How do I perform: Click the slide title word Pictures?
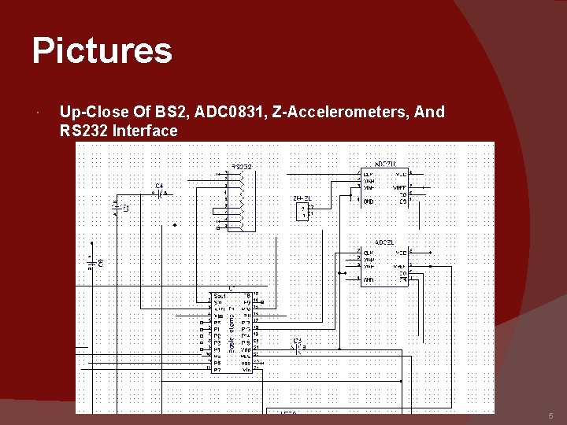pyautogui.click(x=102, y=51)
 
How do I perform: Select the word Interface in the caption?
pyautogui.click(x=145, y=131)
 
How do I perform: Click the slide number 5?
pyautogui.click(x=551, y=416)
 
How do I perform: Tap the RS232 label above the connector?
pyautogui.click(x=241, y=167)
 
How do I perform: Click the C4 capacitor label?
pyautogui.click(x=159, y=187)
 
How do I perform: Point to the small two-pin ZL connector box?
pyautogui.click(x=302, y=211)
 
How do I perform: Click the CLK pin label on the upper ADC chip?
pyautogui.click(x=368, y=174)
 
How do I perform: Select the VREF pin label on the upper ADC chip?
pyautogui.click(x=401, y=187)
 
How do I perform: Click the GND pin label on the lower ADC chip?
pyautogui.click(x=369, y=279)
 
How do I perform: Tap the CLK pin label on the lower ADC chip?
pyautogui.click(x=369, y=253)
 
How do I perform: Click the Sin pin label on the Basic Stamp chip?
pyautogui.click(x=217, y=301)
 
